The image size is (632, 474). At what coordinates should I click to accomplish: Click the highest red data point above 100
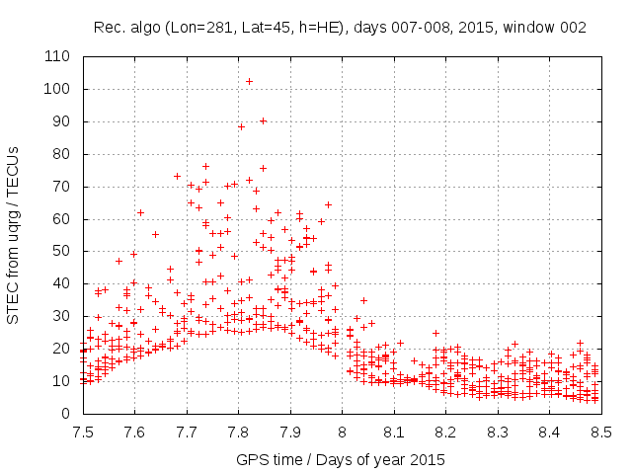click(249, 81)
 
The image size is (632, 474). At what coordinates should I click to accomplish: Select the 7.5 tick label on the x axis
click(82, 432)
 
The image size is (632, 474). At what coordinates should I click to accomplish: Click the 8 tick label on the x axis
click(342, 432)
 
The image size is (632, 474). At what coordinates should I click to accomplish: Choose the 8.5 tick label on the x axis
click(600, 432)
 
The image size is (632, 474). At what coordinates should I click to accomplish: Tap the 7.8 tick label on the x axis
click(238, 432)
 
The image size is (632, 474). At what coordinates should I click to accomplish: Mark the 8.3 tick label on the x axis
click(497, 432)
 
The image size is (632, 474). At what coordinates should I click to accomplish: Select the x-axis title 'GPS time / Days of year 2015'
click(341, 459)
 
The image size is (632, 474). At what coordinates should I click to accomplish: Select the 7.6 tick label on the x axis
click(134, 432)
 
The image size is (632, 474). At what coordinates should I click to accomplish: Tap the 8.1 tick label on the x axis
click(393, 432)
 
